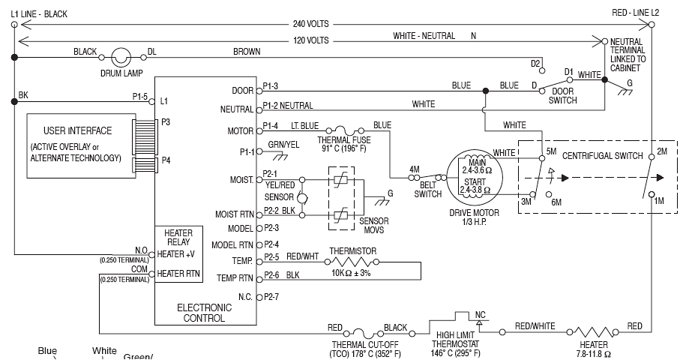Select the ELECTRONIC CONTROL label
pyautogui.click(x=200, y=313)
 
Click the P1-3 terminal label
pyautogui.click(x=271, y=86)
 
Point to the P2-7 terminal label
pyautogui.click(x=271, y=297)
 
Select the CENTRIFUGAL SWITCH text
pyautogui.click(x=603, y=156)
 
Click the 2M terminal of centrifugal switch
pyautogui.click(x=661, y=152)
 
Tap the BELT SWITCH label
pyautogui.click(x=428, y=190)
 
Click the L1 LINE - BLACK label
pyautogui.click(x=40, y=13)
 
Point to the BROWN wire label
pyautogui.click(x=247, y=52)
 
